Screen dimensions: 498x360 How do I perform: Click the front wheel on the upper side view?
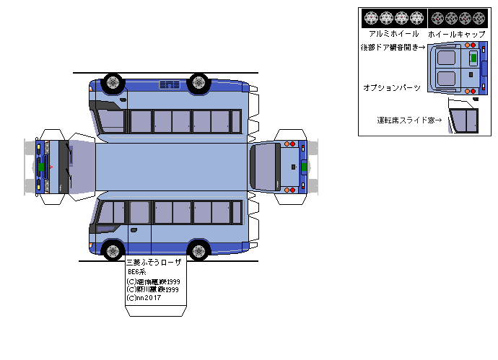click(x=113, y=82)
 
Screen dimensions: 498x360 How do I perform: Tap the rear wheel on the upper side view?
click(x=198, y=82)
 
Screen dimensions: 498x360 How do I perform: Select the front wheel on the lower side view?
click(x=113, y=251)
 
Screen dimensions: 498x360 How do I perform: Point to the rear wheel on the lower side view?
click(x=198, y=251)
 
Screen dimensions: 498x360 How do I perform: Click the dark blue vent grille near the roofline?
click(x=170, y=85)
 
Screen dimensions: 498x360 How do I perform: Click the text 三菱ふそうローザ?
click(x=154, y=263)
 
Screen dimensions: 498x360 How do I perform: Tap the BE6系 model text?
click(x=137, y=272)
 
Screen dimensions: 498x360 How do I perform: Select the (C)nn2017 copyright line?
click(x=143, y=297)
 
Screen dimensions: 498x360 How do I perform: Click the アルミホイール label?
click(x=393, y=34)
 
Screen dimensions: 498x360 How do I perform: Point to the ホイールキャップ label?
click(x=456, y=34)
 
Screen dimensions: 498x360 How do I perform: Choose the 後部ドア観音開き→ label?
click(x=393, y=48)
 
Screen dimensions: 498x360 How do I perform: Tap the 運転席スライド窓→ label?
click(x=409, y=120)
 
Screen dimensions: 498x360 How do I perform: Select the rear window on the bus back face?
click(x=264, y=167)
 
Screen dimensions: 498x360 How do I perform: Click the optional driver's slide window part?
click(x=463, y=118)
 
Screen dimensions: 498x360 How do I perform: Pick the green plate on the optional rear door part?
click(x=473, y=58)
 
